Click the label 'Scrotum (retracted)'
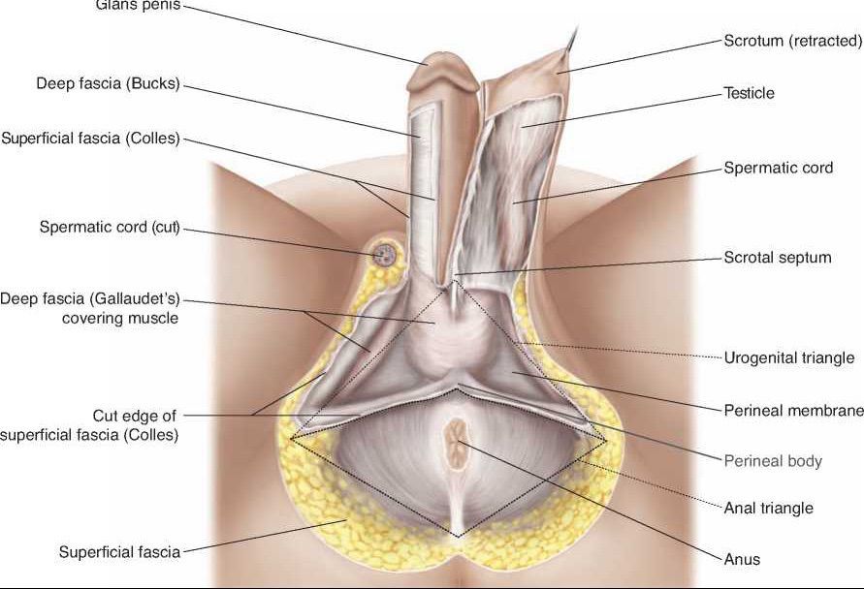click(792, 41)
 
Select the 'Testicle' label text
click(750, 93)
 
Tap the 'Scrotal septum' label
click(778, 258)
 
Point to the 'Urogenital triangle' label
click(789, 357)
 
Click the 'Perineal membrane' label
click(793, 410)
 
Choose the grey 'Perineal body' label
click(773, 460)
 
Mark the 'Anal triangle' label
click(769, 508)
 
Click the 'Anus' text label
click(742, 559)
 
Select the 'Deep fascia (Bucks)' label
click(109, 84)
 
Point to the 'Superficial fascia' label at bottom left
click(119, 552)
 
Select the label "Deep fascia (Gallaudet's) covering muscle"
click(90, 307)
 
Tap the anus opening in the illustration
click(456, 441)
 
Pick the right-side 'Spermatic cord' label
click(778, 168)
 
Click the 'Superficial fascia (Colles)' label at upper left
click(91, 139)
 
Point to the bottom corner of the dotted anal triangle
click(459, 536)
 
